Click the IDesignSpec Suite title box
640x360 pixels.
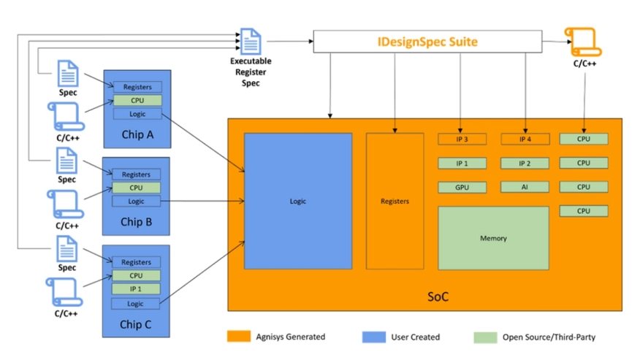(x=427, y=42)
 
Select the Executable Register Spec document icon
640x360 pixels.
(x=250, y=41)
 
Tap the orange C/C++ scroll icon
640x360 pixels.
(x=583, y=42)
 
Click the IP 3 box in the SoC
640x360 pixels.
(x=462, y=139)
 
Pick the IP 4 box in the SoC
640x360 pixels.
(x=525, y=139)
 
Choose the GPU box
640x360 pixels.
(x=462, y=188)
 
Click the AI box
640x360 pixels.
(x=525, y=187)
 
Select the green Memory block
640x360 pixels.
(x=493, y=238)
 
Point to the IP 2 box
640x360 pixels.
(x=525, y=164)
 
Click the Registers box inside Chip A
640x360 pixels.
(x=137, y=87)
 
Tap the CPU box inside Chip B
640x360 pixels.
(x=137, y=188)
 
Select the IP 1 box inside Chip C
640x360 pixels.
(x=136, y=289)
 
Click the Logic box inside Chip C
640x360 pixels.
(x=135, y=304)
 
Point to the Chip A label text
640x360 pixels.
(x=137, y=134)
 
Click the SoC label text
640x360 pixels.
(x=438, y=296)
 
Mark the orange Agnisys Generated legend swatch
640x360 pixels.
(x=239, y=337)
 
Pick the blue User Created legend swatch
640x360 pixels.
(x=374, y=337)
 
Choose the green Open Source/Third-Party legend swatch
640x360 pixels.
(x=485, y=337)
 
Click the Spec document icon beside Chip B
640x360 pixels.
(x=66, y=161)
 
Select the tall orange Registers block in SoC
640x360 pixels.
(x=395, y=202)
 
